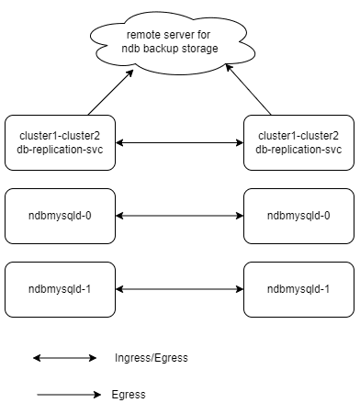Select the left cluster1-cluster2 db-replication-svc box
60,142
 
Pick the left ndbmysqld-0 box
60,216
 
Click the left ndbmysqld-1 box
60,288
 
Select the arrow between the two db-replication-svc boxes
180,142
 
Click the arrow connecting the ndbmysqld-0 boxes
180,216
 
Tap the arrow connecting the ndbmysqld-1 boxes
180,288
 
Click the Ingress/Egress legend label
152,357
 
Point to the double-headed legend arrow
64,357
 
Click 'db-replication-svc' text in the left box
60,150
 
